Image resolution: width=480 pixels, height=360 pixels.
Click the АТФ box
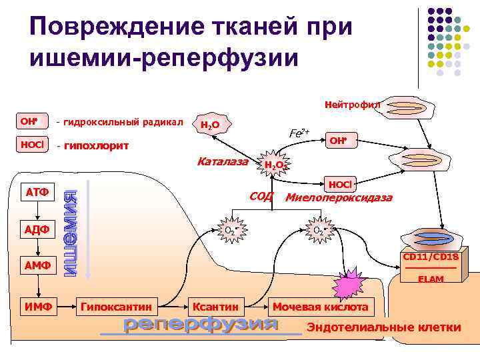click(38, 193)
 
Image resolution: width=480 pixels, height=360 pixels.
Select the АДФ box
click(38, 230)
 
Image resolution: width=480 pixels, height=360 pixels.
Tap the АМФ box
click(38, 267)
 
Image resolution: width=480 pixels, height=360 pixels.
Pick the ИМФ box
click(38, 307)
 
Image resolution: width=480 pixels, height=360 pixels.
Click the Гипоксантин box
click(118, 307)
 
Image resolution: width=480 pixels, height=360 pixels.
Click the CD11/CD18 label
click(430, 257)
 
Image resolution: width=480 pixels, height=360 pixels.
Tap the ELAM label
click(431, 279)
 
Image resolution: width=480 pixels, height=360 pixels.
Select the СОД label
click(261, 197)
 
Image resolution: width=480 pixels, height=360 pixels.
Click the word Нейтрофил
click(353, 105)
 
